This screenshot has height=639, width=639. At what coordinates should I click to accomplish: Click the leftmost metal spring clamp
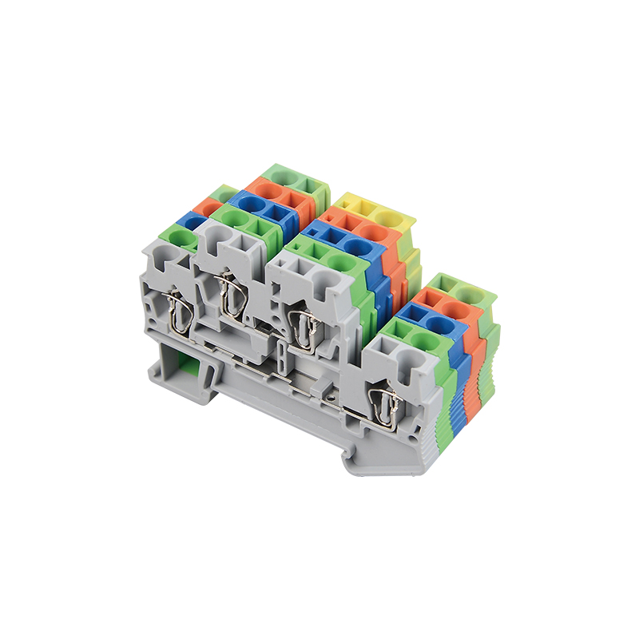tap(181, 315)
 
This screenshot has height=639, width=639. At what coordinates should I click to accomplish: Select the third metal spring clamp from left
tap(304, 328)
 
